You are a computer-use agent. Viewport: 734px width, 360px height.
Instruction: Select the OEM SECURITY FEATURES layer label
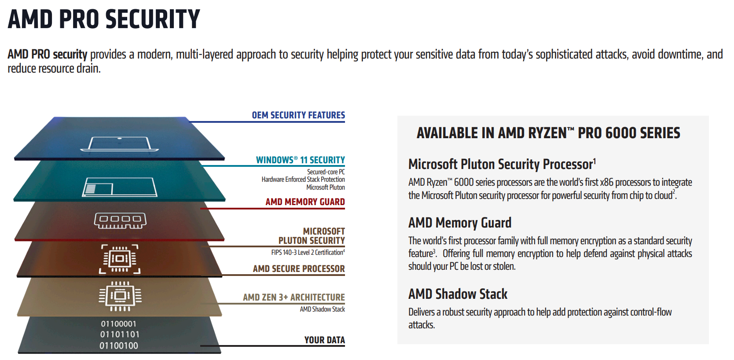[298, 115]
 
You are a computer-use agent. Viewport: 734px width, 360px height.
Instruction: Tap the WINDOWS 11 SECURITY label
[301, 160]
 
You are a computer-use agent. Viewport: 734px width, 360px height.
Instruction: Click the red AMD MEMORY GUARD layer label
[305, 202]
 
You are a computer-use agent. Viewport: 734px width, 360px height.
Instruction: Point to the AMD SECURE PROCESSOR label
[299, 268]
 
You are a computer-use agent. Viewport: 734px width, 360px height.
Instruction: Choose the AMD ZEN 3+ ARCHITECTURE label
[294, 297]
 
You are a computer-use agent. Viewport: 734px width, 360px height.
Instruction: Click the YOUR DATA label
[324, 340]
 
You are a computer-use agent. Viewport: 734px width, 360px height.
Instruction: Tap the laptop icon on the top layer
[120, 144]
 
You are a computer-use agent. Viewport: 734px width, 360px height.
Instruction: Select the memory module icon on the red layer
[120, 220]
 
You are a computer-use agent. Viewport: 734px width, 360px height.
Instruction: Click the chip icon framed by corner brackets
[120, 259]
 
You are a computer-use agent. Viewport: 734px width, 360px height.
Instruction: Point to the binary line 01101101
[120, 334]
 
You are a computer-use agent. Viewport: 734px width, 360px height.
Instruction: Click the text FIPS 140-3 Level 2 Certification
[307, 253]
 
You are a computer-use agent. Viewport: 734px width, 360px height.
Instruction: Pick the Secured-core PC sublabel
[326, 172]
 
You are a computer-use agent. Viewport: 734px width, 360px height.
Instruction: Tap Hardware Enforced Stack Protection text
[303, 180]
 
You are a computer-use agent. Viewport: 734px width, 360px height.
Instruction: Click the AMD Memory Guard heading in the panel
[460, 223]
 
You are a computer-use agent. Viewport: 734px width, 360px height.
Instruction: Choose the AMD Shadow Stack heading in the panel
[458, 294]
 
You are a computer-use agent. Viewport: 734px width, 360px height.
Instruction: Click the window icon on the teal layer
[120, 187]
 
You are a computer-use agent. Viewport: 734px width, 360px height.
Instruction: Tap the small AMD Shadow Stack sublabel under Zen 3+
[323, 309]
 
